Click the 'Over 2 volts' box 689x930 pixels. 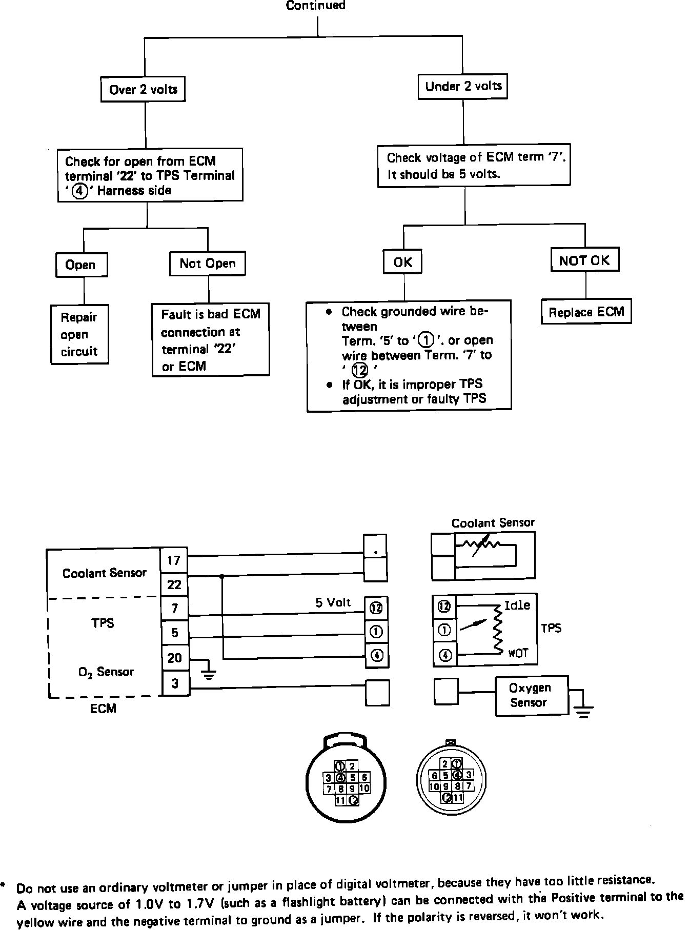[143, 90]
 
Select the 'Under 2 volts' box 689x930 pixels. [463, 86]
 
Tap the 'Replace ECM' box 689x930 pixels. [586, 312]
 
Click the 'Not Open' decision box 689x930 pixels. [208, 264]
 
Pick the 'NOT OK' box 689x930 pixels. [584, 260]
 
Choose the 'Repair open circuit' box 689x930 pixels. [79, 334]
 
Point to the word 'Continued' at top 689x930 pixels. [316, 6]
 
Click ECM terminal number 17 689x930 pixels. [174, 560]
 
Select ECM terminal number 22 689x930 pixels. [174, 584]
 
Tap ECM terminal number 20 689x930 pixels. [174, 658]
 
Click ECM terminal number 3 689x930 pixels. [175, 683]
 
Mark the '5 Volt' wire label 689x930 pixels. [333, 602]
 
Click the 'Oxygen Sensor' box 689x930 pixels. [531, 695]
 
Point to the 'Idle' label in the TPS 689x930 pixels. [517, 605]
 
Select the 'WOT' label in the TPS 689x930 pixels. [518, 654]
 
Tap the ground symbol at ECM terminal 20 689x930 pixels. [208, 674]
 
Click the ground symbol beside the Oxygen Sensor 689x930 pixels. [583, 711]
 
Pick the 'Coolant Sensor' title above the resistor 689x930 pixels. [493, 523]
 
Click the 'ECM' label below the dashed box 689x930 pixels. [103, 709]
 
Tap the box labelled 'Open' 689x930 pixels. [81, 265]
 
